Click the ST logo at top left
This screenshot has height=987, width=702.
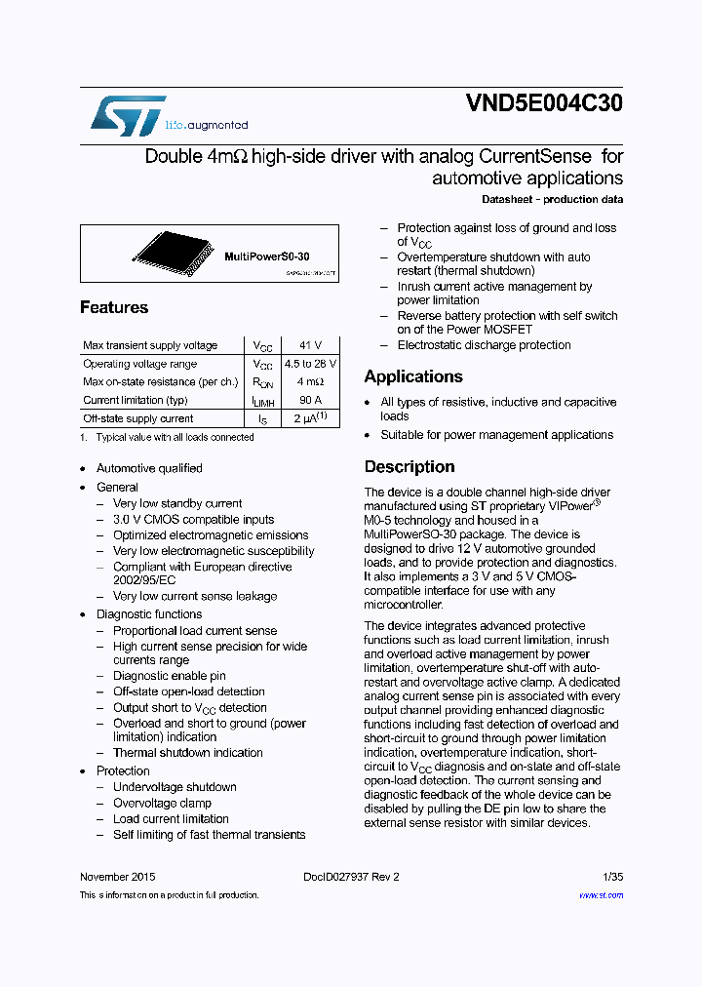128,115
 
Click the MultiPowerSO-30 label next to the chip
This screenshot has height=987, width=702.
266,257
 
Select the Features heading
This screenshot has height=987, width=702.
114,307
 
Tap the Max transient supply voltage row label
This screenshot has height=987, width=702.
150,345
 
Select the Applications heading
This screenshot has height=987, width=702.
412,376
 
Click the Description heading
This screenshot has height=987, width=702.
409,466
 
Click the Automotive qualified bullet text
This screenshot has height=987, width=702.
149,468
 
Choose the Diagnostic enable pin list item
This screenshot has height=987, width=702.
169,676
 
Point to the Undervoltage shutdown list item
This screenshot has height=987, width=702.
175,787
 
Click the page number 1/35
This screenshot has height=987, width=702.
612,877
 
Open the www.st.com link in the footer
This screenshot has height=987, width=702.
601,895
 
